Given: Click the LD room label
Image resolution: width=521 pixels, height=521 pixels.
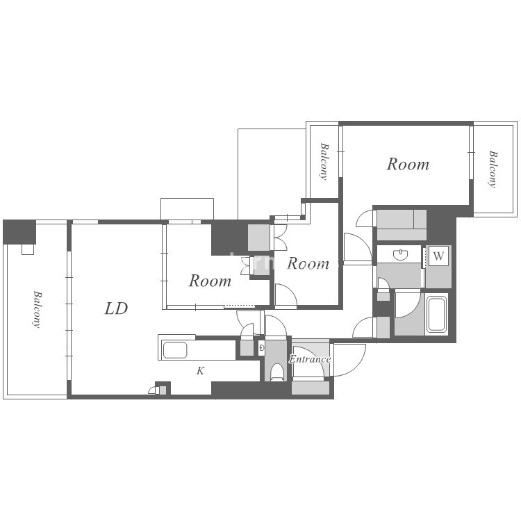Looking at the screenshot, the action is click(116, 308).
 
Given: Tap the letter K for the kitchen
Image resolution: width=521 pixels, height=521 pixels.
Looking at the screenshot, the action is click(200, 370).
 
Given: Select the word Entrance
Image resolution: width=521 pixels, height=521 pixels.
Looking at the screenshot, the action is click(310, 359).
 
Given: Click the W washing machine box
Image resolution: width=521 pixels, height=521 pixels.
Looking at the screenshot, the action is click(438, 256).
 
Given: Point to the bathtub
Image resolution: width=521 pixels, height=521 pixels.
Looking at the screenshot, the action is click(436, 314).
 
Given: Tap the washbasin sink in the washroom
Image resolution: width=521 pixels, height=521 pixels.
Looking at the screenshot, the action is click(401, 255).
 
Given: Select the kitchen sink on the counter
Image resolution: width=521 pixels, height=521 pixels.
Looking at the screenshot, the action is click(175, 350).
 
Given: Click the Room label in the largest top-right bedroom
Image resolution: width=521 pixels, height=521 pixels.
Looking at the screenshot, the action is click(408, 164).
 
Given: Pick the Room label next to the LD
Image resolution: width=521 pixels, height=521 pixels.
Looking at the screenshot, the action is click(210, 281).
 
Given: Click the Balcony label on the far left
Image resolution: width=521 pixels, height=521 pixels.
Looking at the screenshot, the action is click(38, 309).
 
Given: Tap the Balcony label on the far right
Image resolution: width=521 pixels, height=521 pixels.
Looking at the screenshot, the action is click(493, 169).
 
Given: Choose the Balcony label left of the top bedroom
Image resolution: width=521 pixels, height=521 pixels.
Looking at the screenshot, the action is click(324, 161).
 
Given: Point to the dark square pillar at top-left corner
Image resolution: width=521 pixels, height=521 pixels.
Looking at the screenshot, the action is click(19, 232).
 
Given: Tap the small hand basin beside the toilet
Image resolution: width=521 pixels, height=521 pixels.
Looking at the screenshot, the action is click(262, 348).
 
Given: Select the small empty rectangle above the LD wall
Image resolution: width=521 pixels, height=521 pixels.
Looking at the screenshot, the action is click(187, 209).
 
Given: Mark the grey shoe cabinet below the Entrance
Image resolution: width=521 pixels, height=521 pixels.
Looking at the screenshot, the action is click(311, 388).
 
